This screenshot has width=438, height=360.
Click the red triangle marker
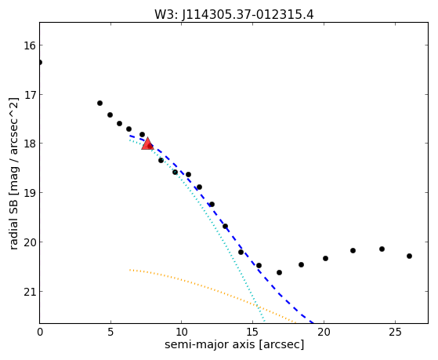tap(147, 144)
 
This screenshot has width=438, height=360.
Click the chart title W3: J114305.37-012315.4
tap(234, 14)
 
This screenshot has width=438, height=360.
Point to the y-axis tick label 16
tap(29, 45)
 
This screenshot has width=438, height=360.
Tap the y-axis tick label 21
tap(29, 292)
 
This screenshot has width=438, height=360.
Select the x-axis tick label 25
tap(395, 332)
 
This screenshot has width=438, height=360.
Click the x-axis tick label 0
tap(40, 332)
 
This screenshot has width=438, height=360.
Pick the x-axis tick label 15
tap(252, 332)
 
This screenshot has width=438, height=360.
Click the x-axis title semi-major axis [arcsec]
tap(234, 345)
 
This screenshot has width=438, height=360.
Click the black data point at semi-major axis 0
tap(40, 62)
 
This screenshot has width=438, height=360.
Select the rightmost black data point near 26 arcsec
tap(409, 256)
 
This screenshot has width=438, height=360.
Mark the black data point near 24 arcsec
tap(382, 249)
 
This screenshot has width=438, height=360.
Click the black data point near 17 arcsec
tap(279, 272)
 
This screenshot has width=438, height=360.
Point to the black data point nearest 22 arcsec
tap(353, 251)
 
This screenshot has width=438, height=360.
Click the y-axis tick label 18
tap(29, 144)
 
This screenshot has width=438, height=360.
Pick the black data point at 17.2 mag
tap(100, 104)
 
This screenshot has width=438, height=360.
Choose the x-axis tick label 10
tap(182, 332)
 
